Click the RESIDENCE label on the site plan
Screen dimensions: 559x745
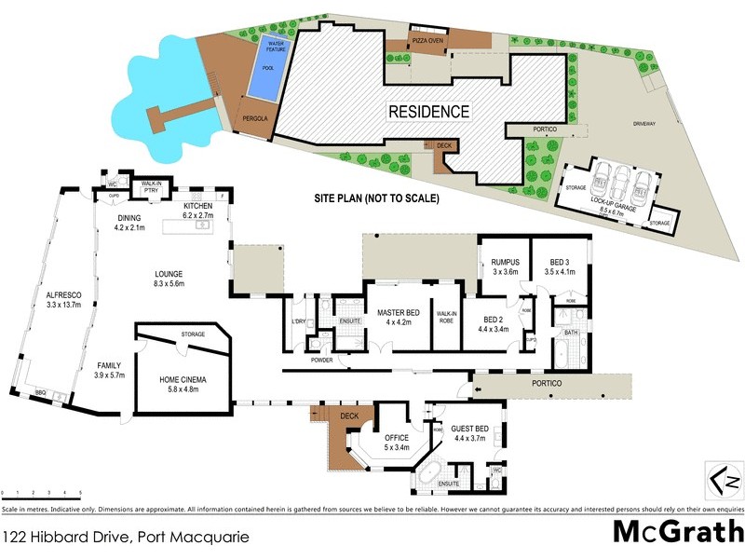click(x=429, y=111)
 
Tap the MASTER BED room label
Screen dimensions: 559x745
click(x=399, y=314)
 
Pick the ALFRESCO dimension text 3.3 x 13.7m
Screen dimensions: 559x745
click(x=65, y=304)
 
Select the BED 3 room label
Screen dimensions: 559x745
click(x=561, y=262)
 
